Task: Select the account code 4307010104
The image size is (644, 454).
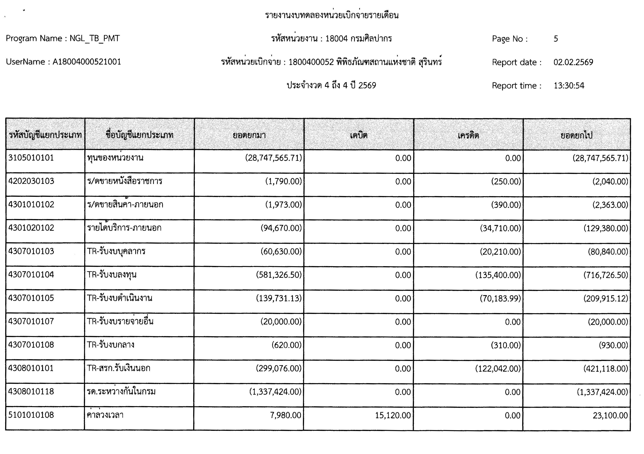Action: tap(31, 275)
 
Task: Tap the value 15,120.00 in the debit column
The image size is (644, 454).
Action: tap(393, 415)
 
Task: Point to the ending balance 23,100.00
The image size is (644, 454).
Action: tap(610, 415)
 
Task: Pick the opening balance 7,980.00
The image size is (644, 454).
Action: tap(286, 415)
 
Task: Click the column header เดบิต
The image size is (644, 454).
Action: tap(359, 135)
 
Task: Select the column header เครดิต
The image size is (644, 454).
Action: tap(468, 135)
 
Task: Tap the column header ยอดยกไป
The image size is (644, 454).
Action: tap(576, 135)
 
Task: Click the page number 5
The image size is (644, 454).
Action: tap(556, 39)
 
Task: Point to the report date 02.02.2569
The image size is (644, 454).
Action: tap(573, 62)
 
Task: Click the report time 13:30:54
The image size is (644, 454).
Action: tap(569, 85)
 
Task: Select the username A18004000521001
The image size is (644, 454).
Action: tap(87, 62)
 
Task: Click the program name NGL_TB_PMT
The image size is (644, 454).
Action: tap(94, 38)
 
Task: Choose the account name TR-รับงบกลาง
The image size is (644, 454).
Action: tap(111, 345)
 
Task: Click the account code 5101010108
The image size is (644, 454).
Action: tap(31, 415)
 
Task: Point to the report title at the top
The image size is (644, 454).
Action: tap(332, 15)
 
